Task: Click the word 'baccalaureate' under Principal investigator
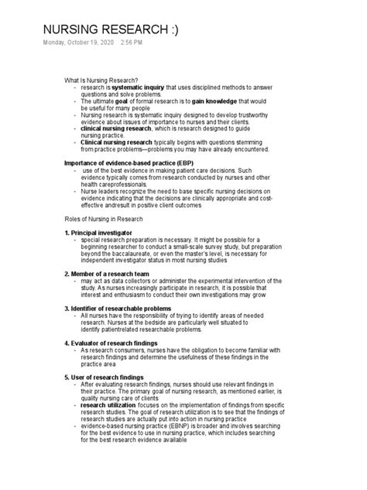pos(145,251)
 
